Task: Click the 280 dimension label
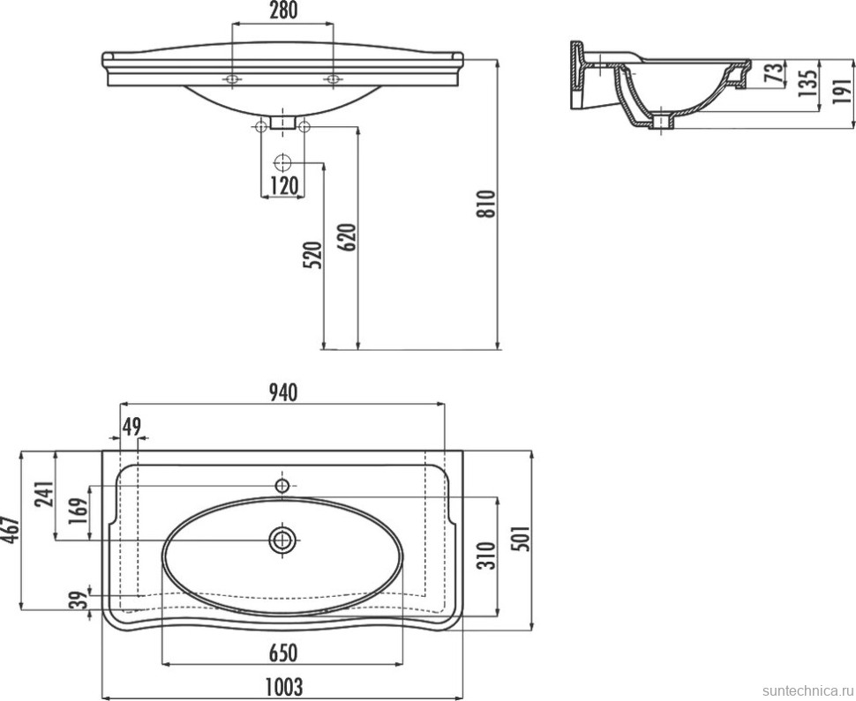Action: click(x=283, y=11)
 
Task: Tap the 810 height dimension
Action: click(x=486, y=204)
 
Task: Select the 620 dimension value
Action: click(x=349, y=237)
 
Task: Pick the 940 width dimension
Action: click(x=282, y=392)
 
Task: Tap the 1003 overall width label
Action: click(x=282, y=686)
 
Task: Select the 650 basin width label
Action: click(x=282, y=653)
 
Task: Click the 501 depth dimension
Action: click(x=522, y=539)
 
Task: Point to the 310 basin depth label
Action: click(x=486, y=556)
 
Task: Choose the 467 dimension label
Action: click(x=11, y=530)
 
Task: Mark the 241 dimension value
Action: click(x=44, y=495)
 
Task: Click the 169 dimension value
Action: click(x=78, y=511)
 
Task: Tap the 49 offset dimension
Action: click(x=131, y=425)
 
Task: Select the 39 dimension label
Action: click(x=79, y=600)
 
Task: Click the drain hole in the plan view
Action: click(x=282, y=541)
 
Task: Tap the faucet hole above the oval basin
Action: click(x=282, y=484)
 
